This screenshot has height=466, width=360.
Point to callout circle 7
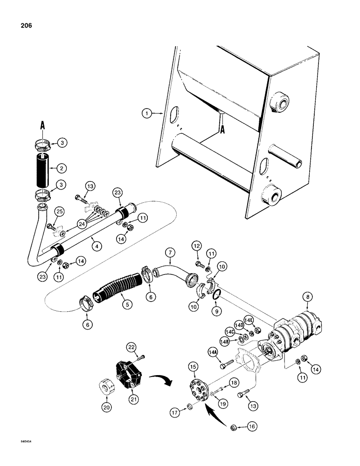170,254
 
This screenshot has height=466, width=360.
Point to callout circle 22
132,347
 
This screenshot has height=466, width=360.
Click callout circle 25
46,212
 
